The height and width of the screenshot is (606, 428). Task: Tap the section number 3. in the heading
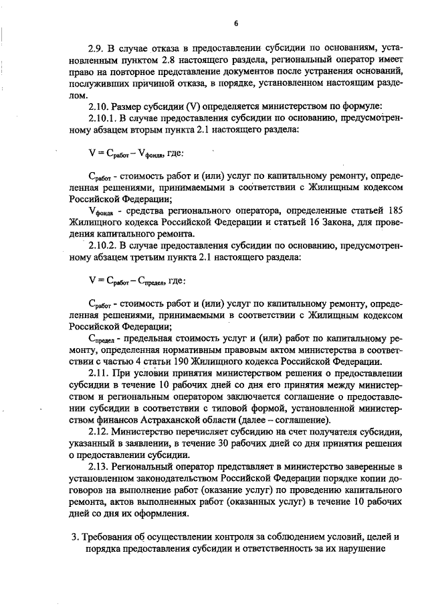[74, 536]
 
